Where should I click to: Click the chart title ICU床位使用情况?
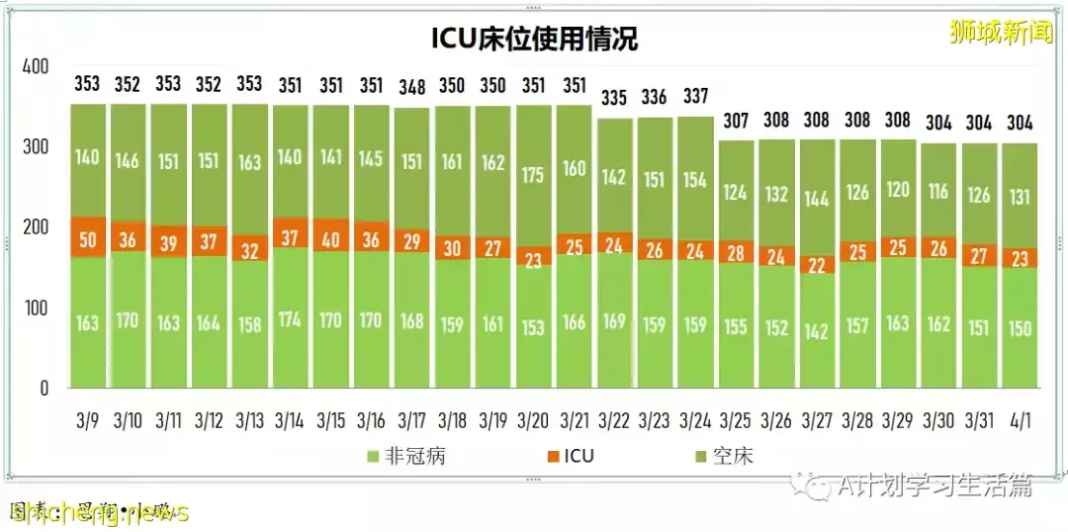[534, 39]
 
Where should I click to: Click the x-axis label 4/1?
[1020, 421]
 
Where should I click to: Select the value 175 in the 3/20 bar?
[533, 176]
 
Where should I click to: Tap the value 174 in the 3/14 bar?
[290, 320]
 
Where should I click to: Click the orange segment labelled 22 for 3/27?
[816, 264]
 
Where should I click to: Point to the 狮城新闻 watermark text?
[998, 33]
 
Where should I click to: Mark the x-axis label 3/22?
[614, 421]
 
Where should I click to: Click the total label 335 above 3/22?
[614, 97]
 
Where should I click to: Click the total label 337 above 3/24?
[695, 96]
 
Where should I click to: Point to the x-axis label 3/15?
[330, 421]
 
